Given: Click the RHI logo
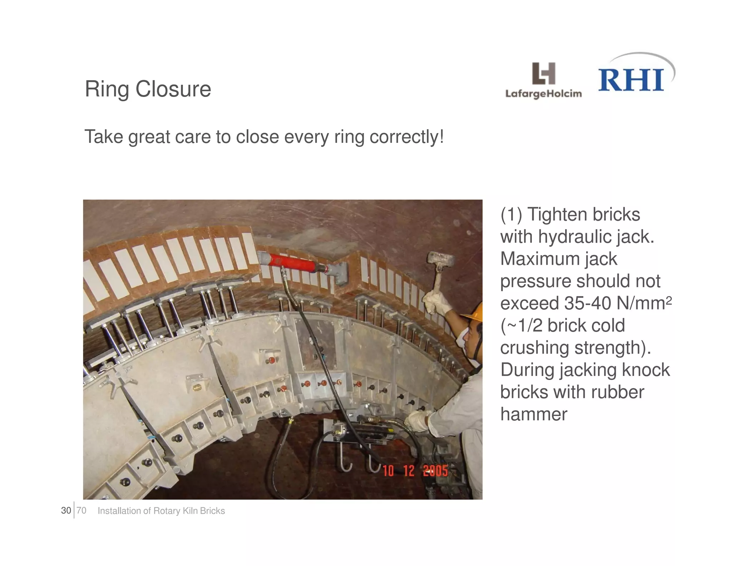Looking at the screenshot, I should (632, 79).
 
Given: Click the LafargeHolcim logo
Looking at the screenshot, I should (543, 80).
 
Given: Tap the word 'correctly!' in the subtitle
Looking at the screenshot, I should (406, 137).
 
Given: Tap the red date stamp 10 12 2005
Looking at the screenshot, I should (415, 470).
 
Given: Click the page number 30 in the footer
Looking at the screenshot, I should (66, 511).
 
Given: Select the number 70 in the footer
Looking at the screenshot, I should (81, 511).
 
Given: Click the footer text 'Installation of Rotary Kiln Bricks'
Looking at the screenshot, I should (161, 511).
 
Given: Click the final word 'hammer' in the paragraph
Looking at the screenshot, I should (533, 414).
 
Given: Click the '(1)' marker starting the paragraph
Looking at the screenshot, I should (511, 215).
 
